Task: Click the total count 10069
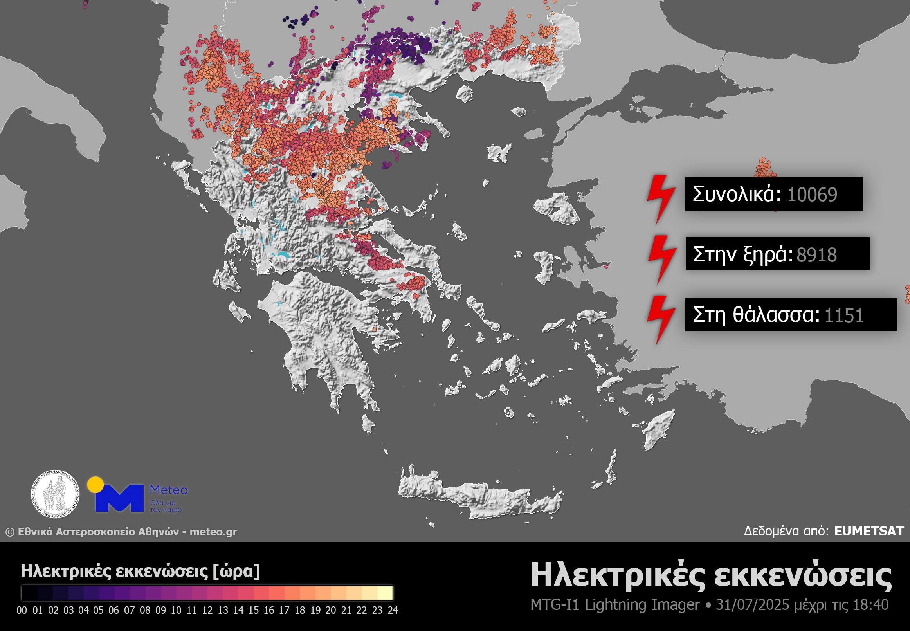pyautogui.click(x=812, y=195)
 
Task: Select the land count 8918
pyautogui.click(x=816, y=254)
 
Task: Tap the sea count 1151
pyautogui.click(x=843, y=315)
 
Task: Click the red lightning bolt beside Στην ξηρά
pyautogui.click(x=662, y=259)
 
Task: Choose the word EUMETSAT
pyautogui.click(x=869, y=531)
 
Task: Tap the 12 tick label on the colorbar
pyautogui.click(x=207, y=610)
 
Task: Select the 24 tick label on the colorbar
pyautogui.click(x=393, y=610)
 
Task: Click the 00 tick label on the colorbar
pyautogui.click(x=22, y=610)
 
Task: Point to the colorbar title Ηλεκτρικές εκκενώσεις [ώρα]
pyautogui.click(x=141, y=571)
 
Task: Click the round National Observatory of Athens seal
pyautogui.click(x=55, y=494)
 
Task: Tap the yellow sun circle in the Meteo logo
pyautogui.click(x=95, y=485)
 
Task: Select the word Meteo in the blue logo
pyautogui.click(x=168, y=490)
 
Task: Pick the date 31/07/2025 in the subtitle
pyautogui.click(x=752, y=605)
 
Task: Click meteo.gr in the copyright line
pyautogui.click(x=213, y=532)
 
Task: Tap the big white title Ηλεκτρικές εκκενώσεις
pyautogui.click(x=711, y=575)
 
